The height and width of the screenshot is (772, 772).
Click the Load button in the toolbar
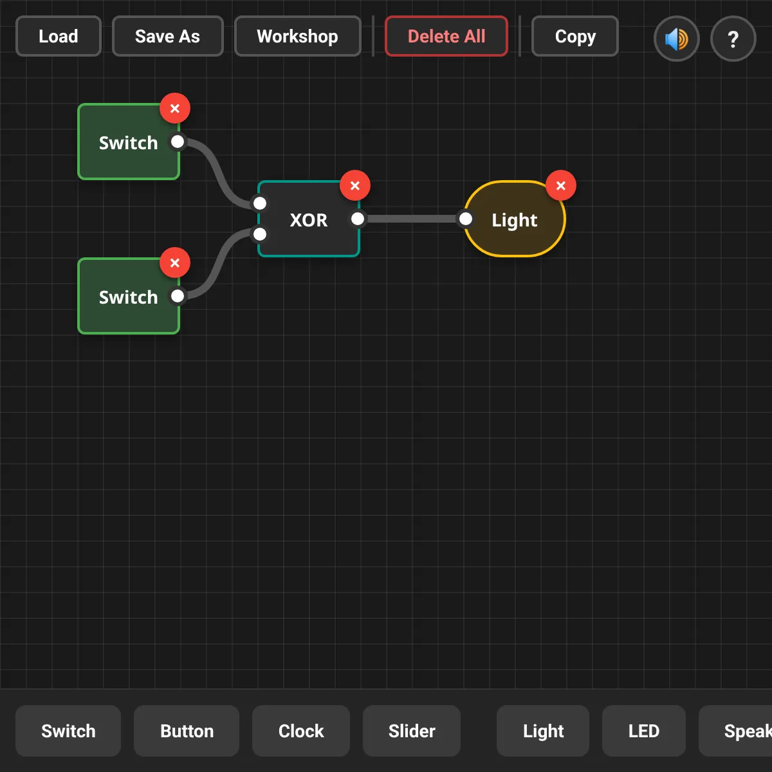click(x=59, y=37)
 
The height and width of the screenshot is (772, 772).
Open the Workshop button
click(x=297, y=37)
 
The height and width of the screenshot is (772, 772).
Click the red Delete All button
click(x=446, y=37)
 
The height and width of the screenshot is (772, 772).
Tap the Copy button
click(x=575, y=37)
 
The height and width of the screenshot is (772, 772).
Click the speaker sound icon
click(x=677, y=39)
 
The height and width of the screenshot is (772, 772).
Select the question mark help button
click(x=733, y=39)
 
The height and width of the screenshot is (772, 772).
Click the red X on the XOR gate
click(x=355, y=185)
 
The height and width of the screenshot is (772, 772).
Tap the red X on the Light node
click(x=561, y=185)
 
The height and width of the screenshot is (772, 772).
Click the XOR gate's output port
click(x=358, y=219)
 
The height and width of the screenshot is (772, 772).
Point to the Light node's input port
click(x=466, y=219)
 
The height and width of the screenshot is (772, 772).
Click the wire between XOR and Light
click(x=412, y=219)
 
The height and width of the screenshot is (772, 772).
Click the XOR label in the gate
click(x=309, y=220)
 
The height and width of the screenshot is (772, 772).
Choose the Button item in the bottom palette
click(x=187, y=731)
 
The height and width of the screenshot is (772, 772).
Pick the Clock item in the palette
click(x=301, y=731)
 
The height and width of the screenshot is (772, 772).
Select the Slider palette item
click(x=412, y=731)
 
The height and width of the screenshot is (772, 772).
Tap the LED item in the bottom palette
click(x=643, y=731)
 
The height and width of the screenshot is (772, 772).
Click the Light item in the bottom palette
click(x=543, y=731)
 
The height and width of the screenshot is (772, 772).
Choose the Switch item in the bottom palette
click(x=68, y=731)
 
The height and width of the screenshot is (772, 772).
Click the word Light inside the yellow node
click(x=515, y=221)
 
